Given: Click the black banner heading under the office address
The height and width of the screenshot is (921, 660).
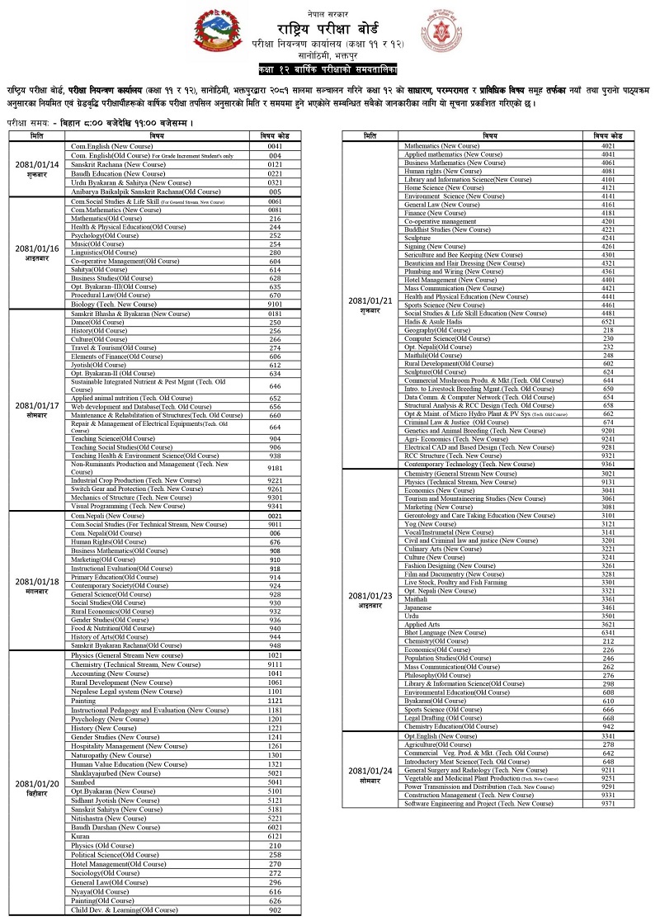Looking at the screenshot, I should coord(329,66).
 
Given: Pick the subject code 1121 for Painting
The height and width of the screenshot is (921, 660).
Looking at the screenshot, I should coord(275,701).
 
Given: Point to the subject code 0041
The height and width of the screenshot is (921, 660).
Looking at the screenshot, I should coord(275,145).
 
